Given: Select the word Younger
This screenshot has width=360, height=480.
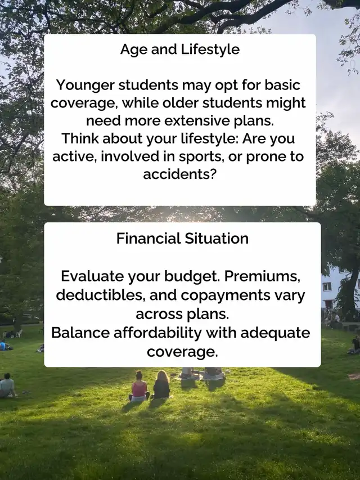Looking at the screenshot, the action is point(86,86).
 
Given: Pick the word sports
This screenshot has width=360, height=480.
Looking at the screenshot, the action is point(201,157).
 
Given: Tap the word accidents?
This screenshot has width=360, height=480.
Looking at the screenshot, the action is point(180,174).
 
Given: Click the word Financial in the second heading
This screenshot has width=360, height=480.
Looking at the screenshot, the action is point(148,239).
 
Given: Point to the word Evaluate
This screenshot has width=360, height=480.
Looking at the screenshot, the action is point(92,276).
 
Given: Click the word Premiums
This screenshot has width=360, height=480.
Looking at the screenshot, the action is point(262,277).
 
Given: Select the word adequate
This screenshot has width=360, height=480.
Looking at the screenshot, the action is point(275,333).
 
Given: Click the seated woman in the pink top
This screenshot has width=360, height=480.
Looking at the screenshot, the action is point(139,387).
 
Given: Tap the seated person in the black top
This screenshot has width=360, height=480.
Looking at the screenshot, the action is point(161,384).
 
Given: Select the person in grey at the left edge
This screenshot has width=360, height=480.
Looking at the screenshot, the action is point(7,385).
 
